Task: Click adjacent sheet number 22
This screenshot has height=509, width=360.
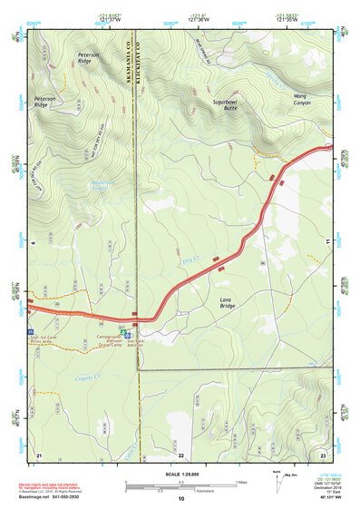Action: (x=180, y=454)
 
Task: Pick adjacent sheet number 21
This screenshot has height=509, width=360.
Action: (x=38, y=454)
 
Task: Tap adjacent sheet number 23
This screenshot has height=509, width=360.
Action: (x=323, y=454)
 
